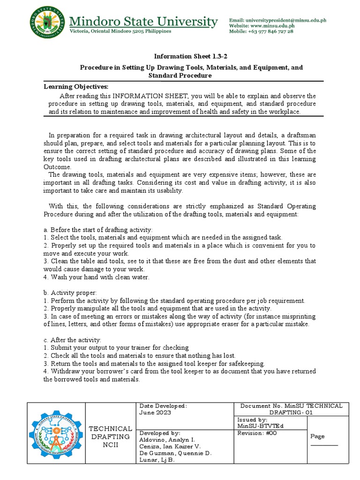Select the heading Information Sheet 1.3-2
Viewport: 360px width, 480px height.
pyautogui.click(x=180, y=56)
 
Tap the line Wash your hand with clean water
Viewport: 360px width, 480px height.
pyautogui.click(x=96, y=277)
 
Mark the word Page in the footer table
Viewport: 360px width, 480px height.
pyautogui.click(x=317, y=436)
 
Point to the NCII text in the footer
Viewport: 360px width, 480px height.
pyautogui.click(x=110, y=445)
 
